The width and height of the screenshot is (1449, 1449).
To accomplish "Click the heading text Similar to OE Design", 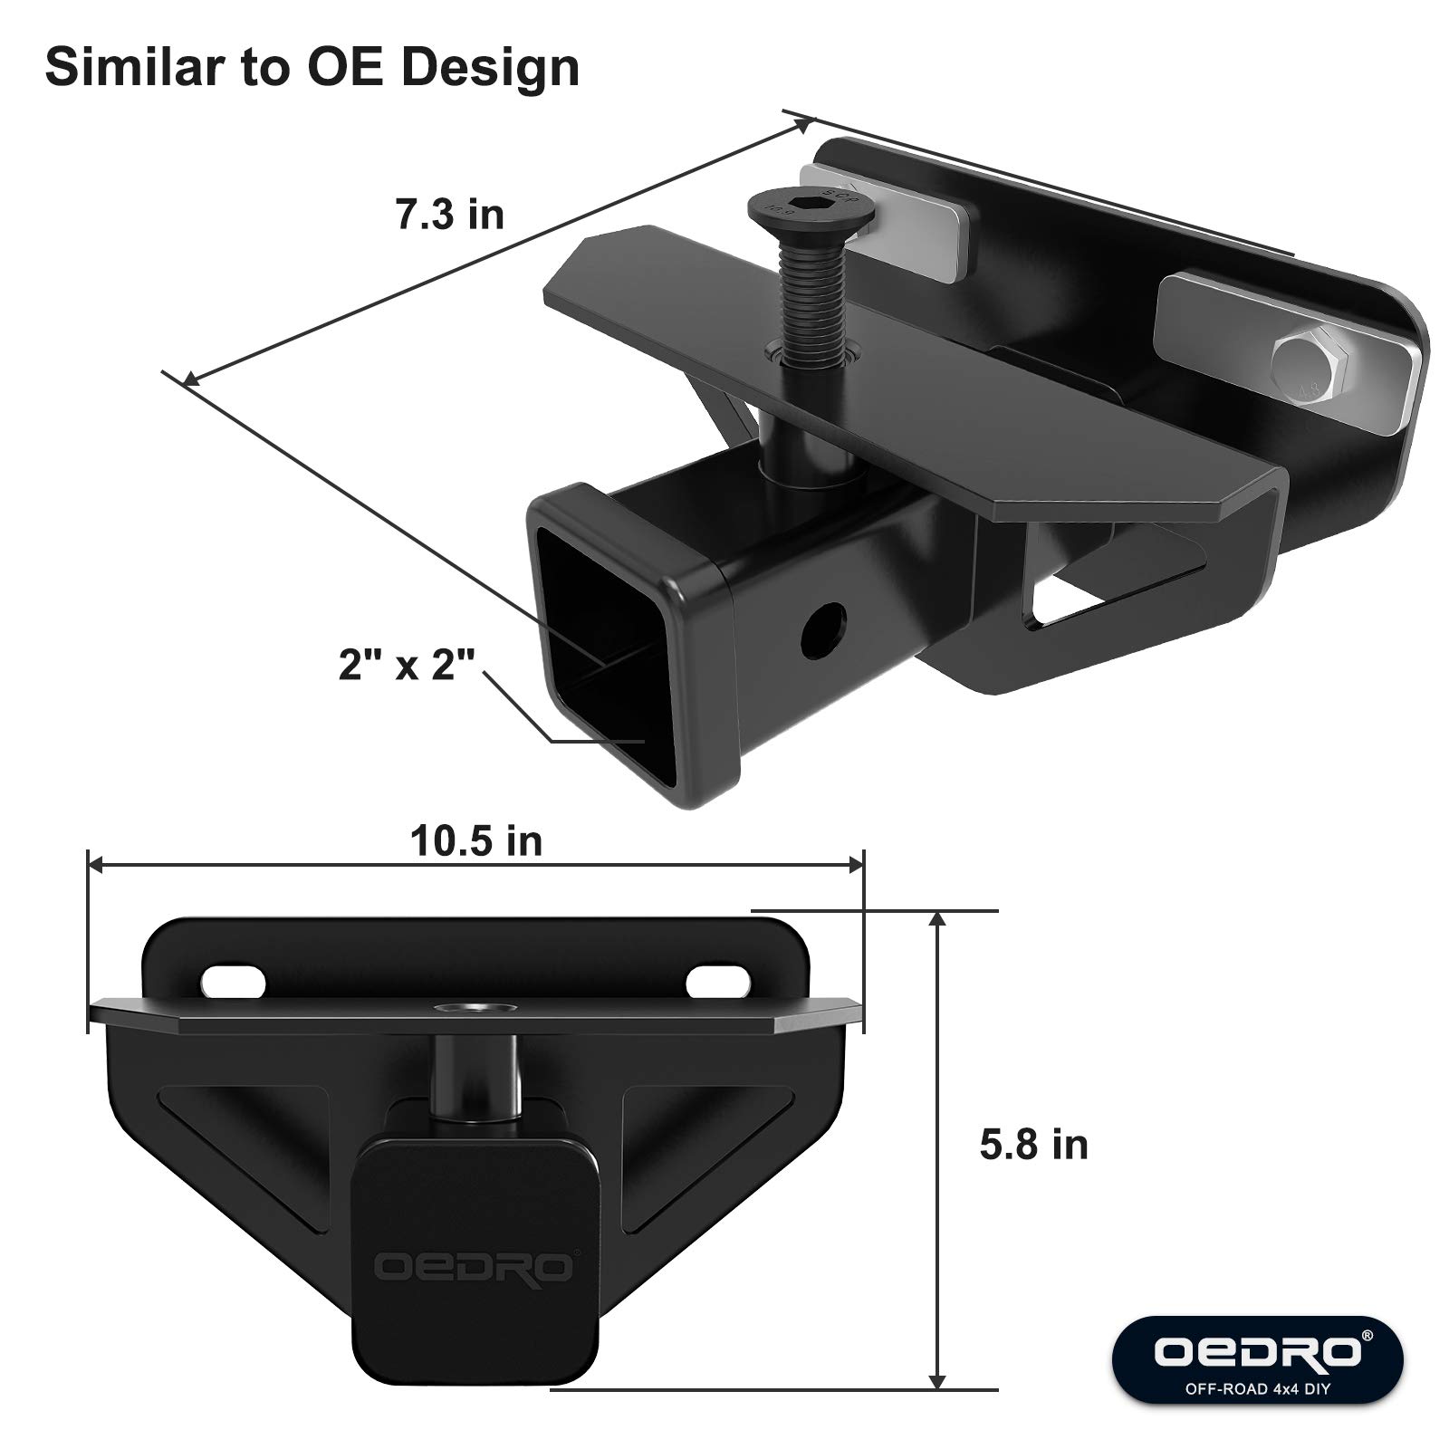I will tap(312, 68).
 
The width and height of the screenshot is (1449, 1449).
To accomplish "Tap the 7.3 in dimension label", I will tap(449, 215).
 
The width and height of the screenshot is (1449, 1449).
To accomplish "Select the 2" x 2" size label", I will tap(407, 666).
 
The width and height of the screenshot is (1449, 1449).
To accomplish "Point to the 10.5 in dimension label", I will tap(476, 841).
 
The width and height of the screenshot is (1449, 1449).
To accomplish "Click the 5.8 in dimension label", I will tap(1033, 1145).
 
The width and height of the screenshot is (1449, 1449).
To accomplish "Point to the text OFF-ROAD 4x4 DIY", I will tap(1259, 1388).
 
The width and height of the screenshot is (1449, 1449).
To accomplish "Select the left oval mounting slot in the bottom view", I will tap(234, 982).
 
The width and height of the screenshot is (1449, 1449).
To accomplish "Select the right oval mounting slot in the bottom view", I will tap(719, 982).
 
